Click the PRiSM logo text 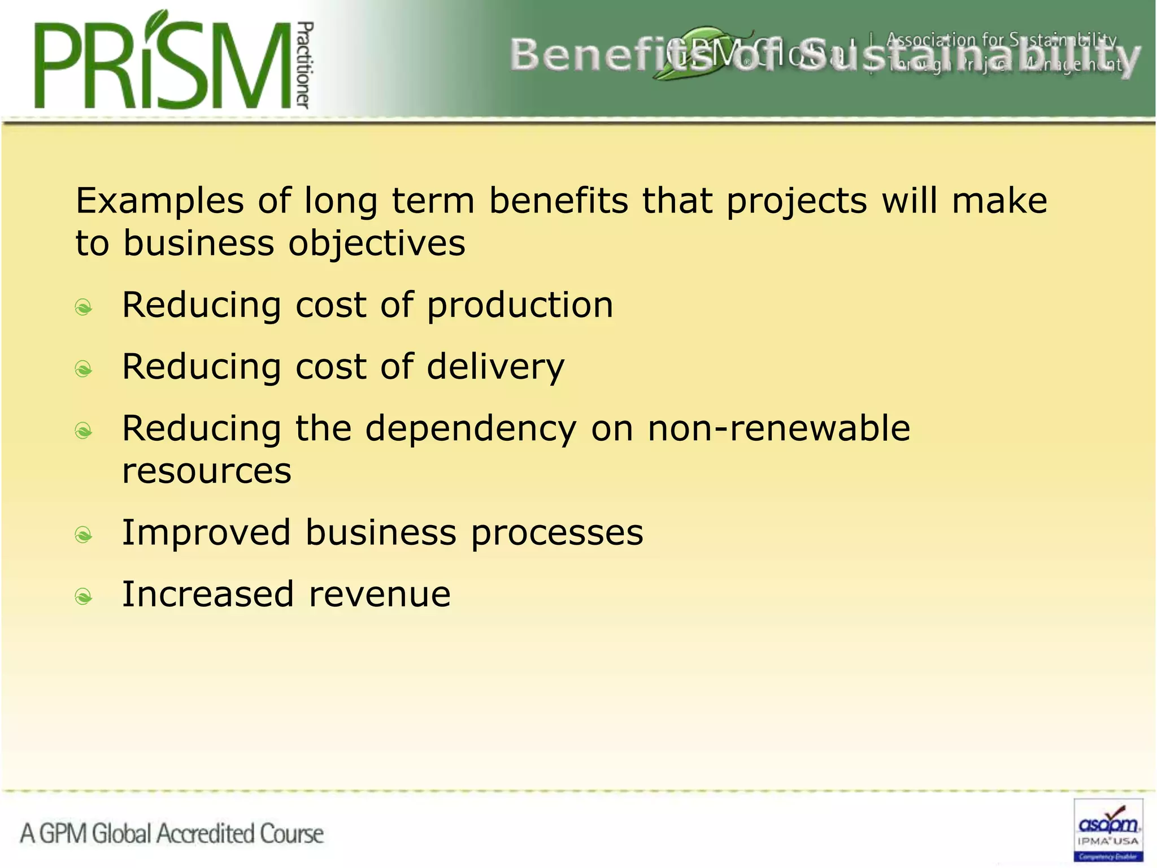pyautogui.click(x=164, y=65)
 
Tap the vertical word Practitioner pyautogui.click(x=305, y=65)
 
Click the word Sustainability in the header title pyautogui.click(x=968, y=57)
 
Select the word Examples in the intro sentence pyautogui.click(x=160, y=201)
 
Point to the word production pyautogui.click(x=520, y=306)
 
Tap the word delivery pyautogui.click(x=495, y=367)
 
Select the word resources pyautogui.click(x=207, y=471)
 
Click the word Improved pyautogui.click(x=206, y=533)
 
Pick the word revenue pyautogui.click(x=380, y=594)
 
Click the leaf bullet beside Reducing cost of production pyautogui.click(x=84, y=307)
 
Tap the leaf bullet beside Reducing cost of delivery pyautogui.click(x=84, y=369)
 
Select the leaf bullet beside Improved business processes pyautogui.click(x=84, y=535)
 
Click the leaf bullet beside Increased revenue pyautogui.click(x=84, y=596)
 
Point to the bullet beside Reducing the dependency pyautogui.click(x=84, y=431)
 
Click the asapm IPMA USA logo pyautogui.click(x=1108, y=830)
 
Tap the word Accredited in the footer pyautogui.click(x=206, y=834)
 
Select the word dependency pyautogui.click(x=471, y=429)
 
